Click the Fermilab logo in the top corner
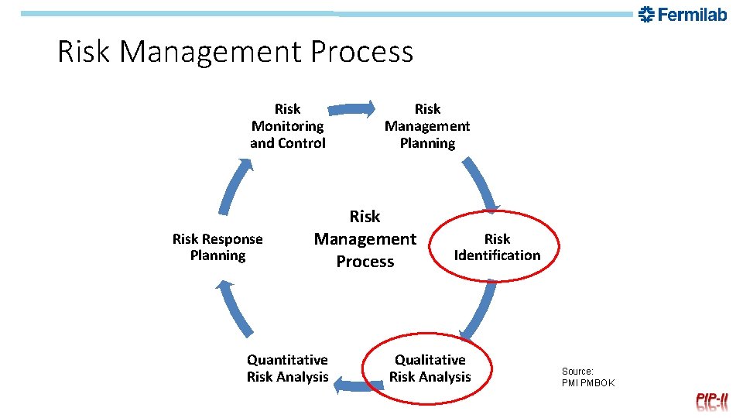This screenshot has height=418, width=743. (683, 14)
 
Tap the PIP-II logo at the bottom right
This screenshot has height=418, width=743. (711, 400)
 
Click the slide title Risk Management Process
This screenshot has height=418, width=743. (235, 52)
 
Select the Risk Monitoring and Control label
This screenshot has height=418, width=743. (288, 126)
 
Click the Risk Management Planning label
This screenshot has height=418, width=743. (427, 126)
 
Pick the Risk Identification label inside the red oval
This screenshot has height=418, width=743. (497, 247)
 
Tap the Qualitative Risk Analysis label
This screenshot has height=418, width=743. (430, 368)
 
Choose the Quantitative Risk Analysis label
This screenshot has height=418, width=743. (288, 368)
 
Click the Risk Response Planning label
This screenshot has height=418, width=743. (217, 247)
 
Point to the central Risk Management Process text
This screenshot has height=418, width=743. (365, 239)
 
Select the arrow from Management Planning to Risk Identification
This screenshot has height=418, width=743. (481, 184)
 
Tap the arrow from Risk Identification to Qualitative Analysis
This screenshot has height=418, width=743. (481, 310)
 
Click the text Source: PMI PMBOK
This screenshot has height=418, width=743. (587, 377)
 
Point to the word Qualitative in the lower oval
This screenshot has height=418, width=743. (430, 360)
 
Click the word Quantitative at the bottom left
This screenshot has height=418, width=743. (287, 360)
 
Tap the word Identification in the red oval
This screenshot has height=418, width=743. (497, 255)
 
